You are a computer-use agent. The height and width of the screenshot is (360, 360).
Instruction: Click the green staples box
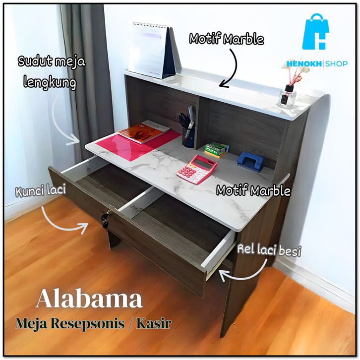click(217, 147)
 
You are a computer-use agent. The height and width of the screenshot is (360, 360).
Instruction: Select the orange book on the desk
click(144, 132)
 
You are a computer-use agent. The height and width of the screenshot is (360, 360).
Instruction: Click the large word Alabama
click(89, 300)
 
